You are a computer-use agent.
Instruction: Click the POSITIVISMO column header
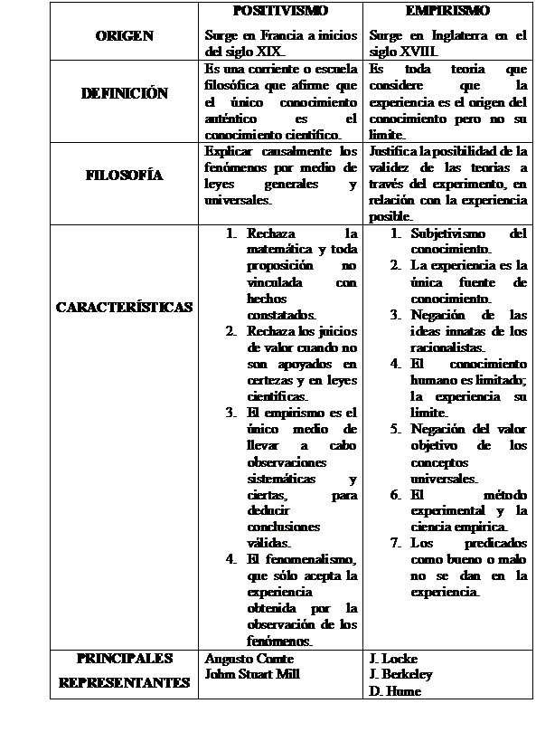(x=280, y=11)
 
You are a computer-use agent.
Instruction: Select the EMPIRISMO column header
(x=447, y=11)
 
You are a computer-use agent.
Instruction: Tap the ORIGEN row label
(x=124, y=36)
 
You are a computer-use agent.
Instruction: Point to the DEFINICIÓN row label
(x=124, y=93)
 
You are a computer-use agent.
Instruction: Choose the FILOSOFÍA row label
(x=124, y=176)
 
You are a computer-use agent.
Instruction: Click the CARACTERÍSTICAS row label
(x=124, y=307)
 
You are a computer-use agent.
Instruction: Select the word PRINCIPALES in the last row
(x=124, y=659)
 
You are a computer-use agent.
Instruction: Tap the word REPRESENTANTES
(x=124, y=683)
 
